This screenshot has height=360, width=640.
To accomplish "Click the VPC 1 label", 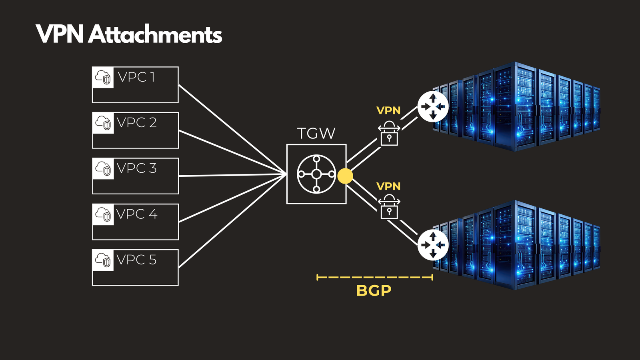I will [136, 77].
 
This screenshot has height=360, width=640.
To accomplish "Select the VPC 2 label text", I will [136, 122].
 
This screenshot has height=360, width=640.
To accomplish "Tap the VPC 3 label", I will [136, 168].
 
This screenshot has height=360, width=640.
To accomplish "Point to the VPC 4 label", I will [136, 214].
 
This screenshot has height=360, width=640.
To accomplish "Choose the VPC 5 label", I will [136, 260].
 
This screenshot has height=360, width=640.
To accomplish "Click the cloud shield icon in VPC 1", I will [103, 77].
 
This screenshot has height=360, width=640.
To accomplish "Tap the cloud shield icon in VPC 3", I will [103, 168].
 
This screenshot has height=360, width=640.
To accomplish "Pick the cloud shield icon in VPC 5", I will [103, 260].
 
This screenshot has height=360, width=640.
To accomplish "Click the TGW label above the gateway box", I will [316, 134].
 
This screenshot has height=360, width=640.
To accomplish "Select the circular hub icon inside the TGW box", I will [316, 174].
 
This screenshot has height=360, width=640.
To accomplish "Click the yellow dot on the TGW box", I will [345, 176].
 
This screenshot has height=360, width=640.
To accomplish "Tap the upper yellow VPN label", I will [388, 110].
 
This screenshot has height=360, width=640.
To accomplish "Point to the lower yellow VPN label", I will [388, 186].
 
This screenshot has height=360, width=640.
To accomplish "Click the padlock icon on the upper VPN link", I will [389, 134].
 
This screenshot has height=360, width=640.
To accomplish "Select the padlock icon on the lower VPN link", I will [389, 207].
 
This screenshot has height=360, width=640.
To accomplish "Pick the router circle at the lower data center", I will [433, 245].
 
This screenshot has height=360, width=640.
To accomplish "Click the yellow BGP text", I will [374, 290].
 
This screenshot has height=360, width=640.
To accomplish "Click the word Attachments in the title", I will [155, 34].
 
